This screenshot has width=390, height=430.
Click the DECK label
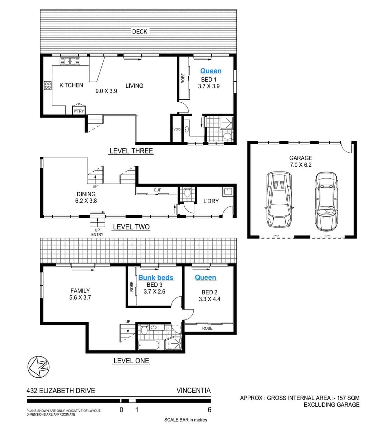coord(139,32)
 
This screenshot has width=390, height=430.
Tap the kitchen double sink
coord(70,61)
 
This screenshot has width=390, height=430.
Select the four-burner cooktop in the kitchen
coord(47,85)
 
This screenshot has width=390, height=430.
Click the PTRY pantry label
coord(79,111)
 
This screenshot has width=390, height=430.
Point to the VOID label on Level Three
coord(177,129)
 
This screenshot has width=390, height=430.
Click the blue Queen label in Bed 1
coord(211,71)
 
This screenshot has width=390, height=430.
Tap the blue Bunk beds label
coord(156,278)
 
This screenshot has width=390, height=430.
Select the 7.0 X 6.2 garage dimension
coord(301,165)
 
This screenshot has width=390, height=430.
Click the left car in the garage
coord(279,199)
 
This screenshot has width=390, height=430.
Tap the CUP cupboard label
coord(157,190)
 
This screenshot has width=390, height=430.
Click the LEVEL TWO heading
coord(131,227)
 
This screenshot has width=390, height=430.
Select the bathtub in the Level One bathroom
coord(149,345)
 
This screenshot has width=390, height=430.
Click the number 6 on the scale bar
coord(210,410)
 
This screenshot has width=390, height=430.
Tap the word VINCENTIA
coord(193,390)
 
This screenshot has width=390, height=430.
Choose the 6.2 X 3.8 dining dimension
coord(86,201)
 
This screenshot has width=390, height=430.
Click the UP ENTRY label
coord(97,232)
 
